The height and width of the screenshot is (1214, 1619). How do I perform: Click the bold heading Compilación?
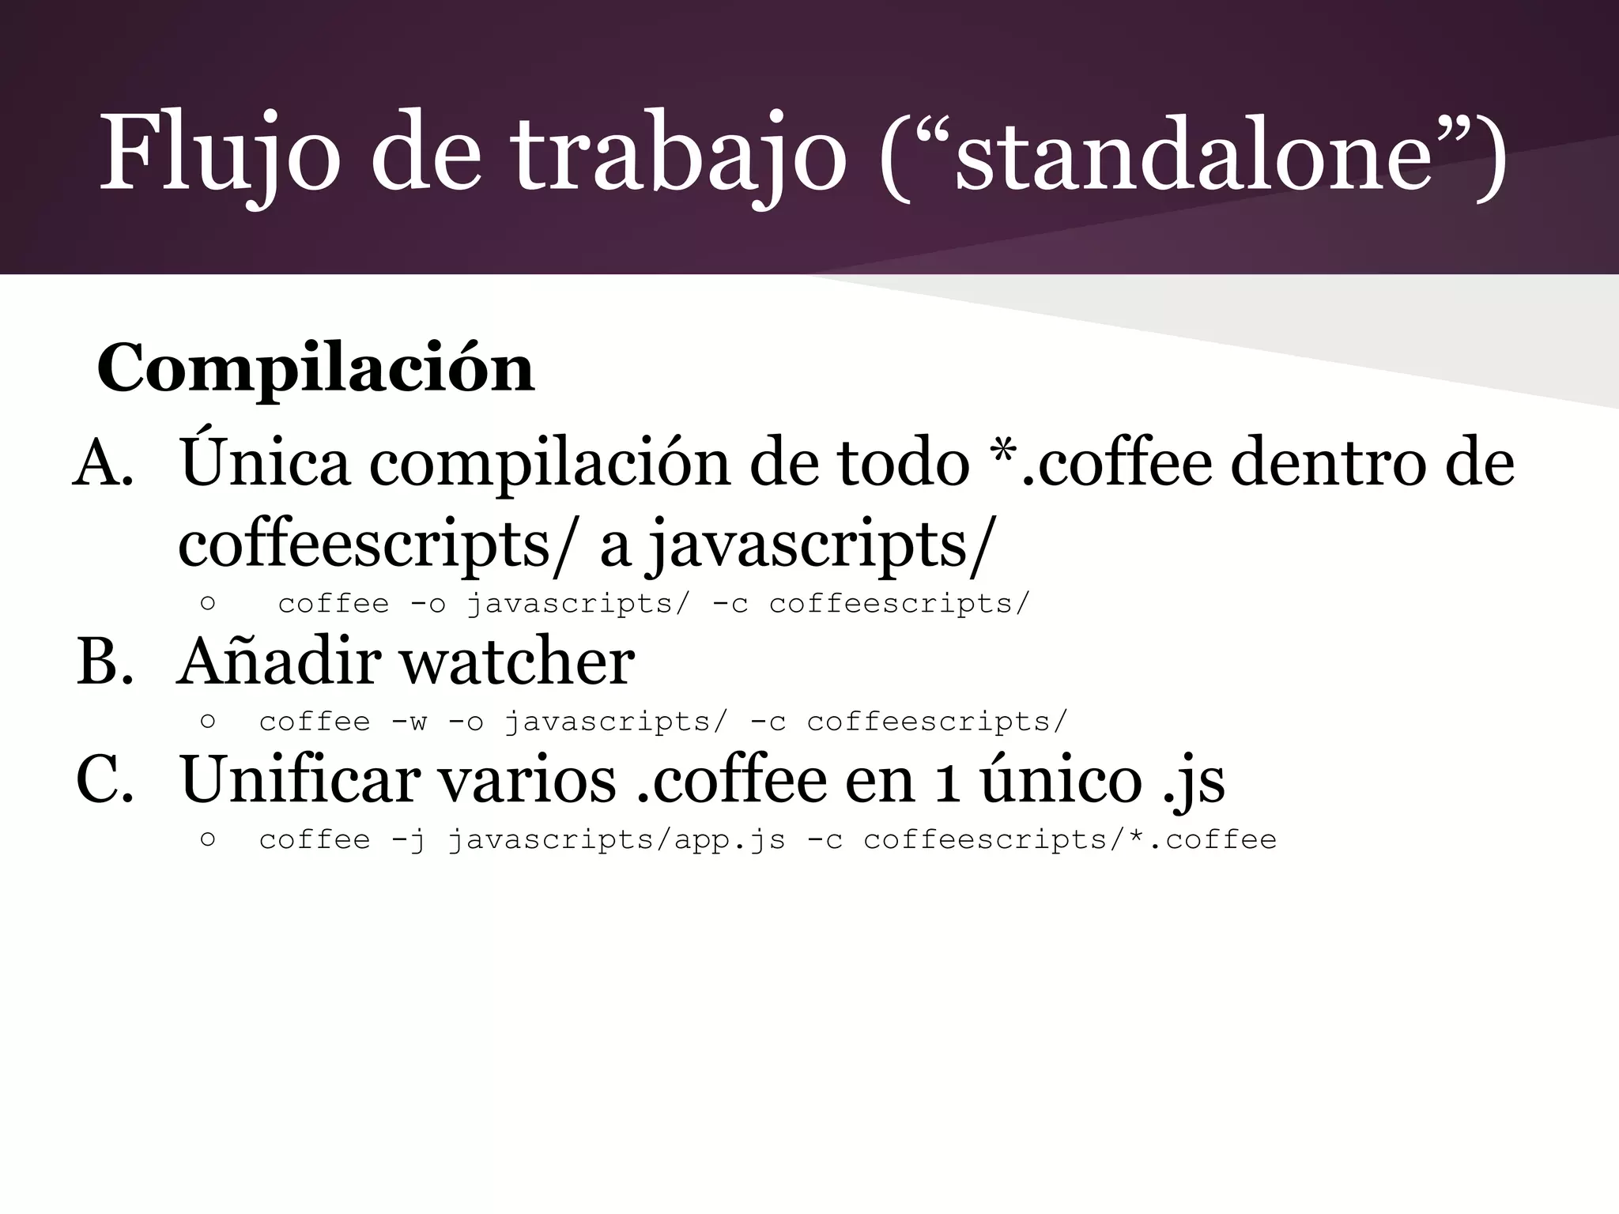click(x=315, y=369)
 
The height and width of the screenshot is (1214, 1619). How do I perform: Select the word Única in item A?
click(x=265, y=462)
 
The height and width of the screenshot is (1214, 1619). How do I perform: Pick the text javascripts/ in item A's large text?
click(x=818, y=545)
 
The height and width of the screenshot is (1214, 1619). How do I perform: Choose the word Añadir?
click(x=277, y=662)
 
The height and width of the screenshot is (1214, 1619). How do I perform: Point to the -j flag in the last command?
click(x=409, y=840)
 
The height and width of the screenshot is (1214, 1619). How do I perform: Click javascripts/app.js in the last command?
click(x=617, y=840)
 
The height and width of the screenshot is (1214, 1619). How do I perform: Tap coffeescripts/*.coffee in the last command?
click(x=1070, y=840)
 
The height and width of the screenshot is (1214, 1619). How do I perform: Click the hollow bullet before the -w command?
click(x=208, y=721)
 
